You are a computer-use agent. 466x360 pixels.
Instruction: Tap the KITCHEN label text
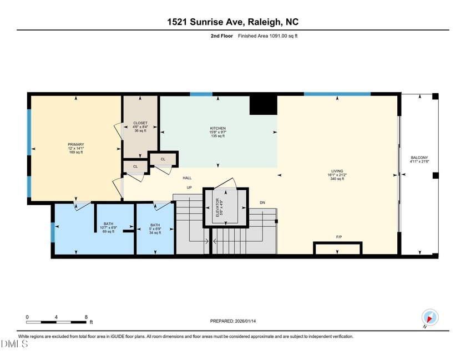pos(217,128)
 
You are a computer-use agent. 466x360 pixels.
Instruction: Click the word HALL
pos(188,178)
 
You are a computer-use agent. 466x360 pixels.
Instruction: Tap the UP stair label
pos(189,187)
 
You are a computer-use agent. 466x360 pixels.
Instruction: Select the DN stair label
pos(262,202)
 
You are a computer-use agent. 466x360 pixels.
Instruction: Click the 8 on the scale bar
pos(86,317)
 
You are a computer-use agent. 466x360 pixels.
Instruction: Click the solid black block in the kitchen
pos(263,104)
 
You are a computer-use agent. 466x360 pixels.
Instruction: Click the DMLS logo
pos(15,344)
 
